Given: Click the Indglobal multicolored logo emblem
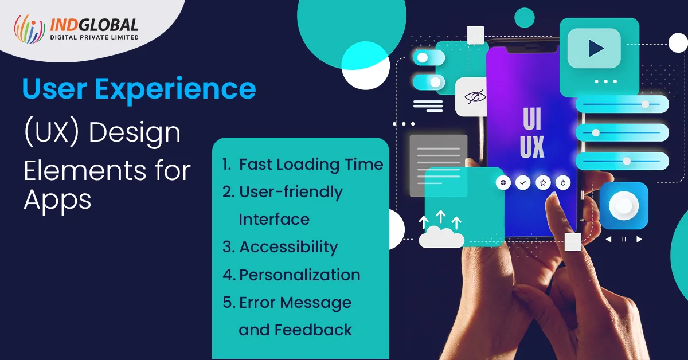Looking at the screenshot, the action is coord(29,29).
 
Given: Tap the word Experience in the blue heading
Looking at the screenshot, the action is coord(175,89).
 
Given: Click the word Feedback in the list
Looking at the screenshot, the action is coord(313,330).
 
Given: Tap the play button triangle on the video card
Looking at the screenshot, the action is coord(596,48).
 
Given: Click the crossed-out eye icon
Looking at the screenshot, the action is coord(475,97).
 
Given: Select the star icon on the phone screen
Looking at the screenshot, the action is coord(543,183).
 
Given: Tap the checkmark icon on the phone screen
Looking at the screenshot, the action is coord(523,183).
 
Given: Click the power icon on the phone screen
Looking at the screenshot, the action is coord(563,183).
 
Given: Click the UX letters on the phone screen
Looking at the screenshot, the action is coord(532,147).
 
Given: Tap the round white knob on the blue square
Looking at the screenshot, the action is coord(624,205).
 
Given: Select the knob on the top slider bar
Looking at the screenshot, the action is coord(646,104).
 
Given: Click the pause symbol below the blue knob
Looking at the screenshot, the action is coord(624,239).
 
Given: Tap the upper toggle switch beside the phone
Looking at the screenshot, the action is coord(428,58).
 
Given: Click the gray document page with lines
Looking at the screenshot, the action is coord(438,166).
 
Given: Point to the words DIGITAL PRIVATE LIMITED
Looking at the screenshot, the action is coord(94,37).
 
